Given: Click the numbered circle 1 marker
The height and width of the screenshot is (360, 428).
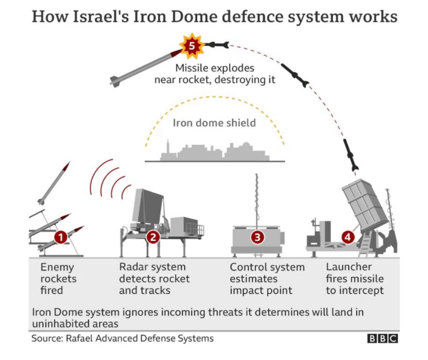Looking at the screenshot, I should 59,237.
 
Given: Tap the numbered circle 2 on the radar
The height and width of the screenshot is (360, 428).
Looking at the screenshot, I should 153,237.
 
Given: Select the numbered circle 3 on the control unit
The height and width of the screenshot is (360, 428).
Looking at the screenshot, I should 257,237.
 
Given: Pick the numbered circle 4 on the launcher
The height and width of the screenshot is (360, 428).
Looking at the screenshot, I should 348,237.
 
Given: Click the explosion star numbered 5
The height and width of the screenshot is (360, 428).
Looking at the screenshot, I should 191,44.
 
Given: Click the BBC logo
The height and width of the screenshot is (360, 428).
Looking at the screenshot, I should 382,338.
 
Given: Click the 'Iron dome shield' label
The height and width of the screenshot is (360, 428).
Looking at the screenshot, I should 214,123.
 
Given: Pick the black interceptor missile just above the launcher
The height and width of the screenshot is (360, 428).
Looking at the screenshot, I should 350,154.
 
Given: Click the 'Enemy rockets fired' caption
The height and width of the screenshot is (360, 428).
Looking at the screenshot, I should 58,278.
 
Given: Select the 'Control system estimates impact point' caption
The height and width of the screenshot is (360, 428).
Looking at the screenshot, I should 267,278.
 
